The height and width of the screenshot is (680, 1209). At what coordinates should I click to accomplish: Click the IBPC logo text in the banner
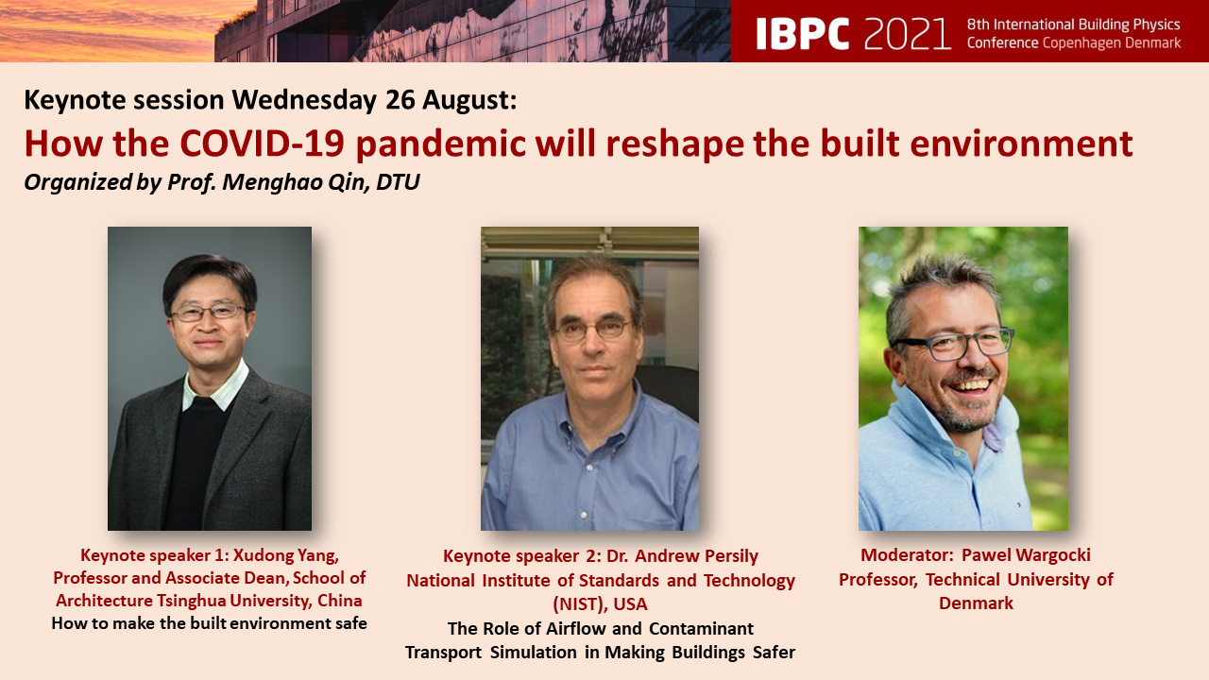point(803,33)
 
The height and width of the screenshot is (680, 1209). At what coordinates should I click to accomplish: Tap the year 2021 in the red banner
point(907,33)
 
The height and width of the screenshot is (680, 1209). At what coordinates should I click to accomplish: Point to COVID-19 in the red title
point(263,144)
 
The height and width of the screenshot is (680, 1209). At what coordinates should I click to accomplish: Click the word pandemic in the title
point(441,144)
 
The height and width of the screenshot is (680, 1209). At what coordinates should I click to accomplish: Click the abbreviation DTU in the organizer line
point(398,182)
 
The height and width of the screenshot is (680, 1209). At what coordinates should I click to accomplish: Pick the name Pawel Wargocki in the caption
point(1026,554)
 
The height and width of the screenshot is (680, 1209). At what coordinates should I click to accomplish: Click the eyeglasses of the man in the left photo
point(208,313)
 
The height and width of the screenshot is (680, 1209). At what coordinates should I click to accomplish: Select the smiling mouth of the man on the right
point(972,384)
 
